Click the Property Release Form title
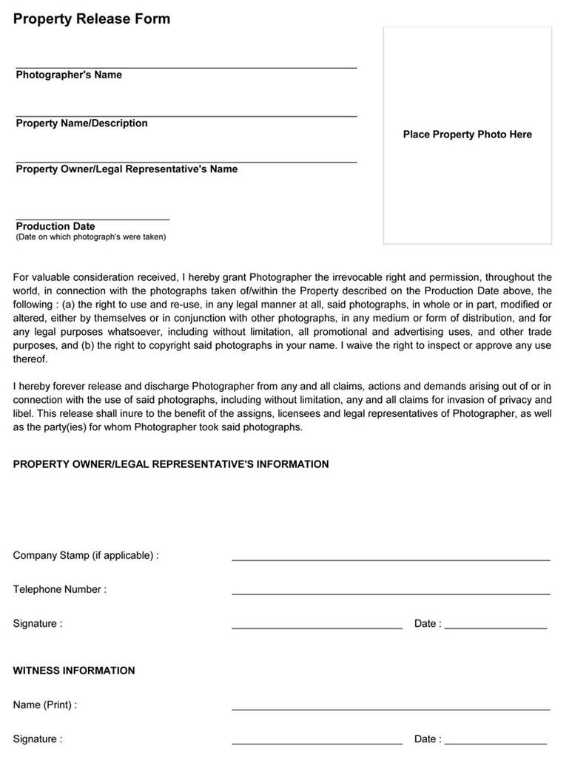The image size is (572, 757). tap(92, 19)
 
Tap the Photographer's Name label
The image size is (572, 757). tap(69, 75)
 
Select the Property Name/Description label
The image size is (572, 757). tap(81, 123)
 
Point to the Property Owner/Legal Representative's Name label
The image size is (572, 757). tap(127, 169)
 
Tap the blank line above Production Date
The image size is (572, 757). tap(92, 218)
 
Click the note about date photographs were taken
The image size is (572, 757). tap(91, 237)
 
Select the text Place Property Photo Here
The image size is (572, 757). tap(467, 135)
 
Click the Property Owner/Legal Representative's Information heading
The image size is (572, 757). tap(171, 464)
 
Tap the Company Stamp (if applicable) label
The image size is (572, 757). tap(86, 555)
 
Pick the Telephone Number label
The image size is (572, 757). tap(60, 589)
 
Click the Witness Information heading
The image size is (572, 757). tap(74, 671)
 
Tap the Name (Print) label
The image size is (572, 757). tap(45, 705)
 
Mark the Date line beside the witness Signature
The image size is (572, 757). tap(496, 741)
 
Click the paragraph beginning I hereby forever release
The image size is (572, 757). tap(282, 407)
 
